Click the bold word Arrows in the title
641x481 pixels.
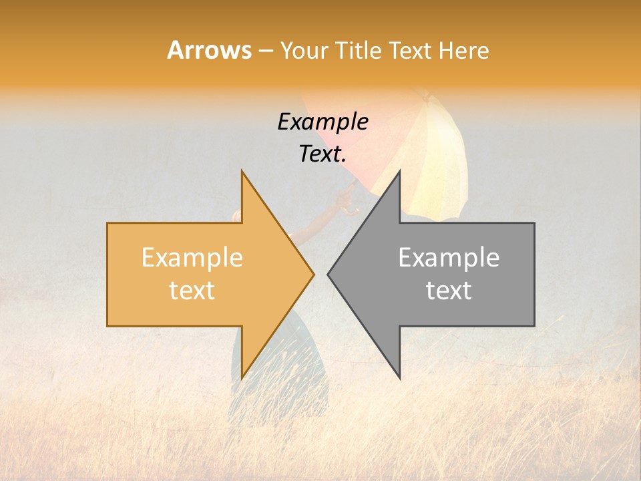click(x=209, y=50)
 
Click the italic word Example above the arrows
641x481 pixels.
click(x=323, y=122)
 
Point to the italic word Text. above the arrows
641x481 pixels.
click(x=323, y=154)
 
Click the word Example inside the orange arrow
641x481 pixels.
click(x=192, y=257)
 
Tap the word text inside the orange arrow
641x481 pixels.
click(x=192, y=290)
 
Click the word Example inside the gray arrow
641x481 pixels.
click(x=449, y=257)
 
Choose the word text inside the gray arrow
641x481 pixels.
click(x=449, y=290)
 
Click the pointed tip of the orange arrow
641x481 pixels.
click(x=313, y=274)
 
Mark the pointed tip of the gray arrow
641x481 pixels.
click(x=328, y=274)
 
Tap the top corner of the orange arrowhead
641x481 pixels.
click(x=242, y=172)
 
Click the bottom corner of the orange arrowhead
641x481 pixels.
click(x=242, y=377)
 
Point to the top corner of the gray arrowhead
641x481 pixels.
click(x=399, y=172)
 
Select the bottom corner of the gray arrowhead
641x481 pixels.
click(x=399, y=377)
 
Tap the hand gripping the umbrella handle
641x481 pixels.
click(x=347, y=197)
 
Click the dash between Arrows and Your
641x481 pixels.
click(x=265, y=51)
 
